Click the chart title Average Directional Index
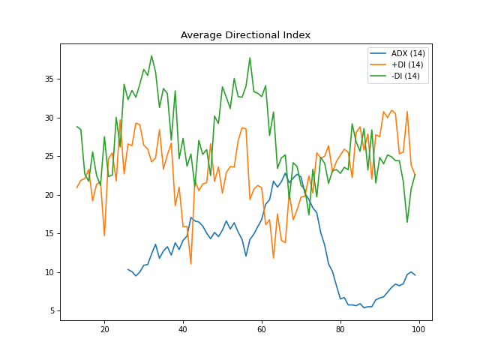(x=245, y=35)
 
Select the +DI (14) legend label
(x=406, y=66)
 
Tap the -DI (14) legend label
(x=405, y=76)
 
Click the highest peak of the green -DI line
(x=151, y=55)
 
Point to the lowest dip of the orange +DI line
(x=190, y=264)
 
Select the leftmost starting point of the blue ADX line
(x=128, y=269)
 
